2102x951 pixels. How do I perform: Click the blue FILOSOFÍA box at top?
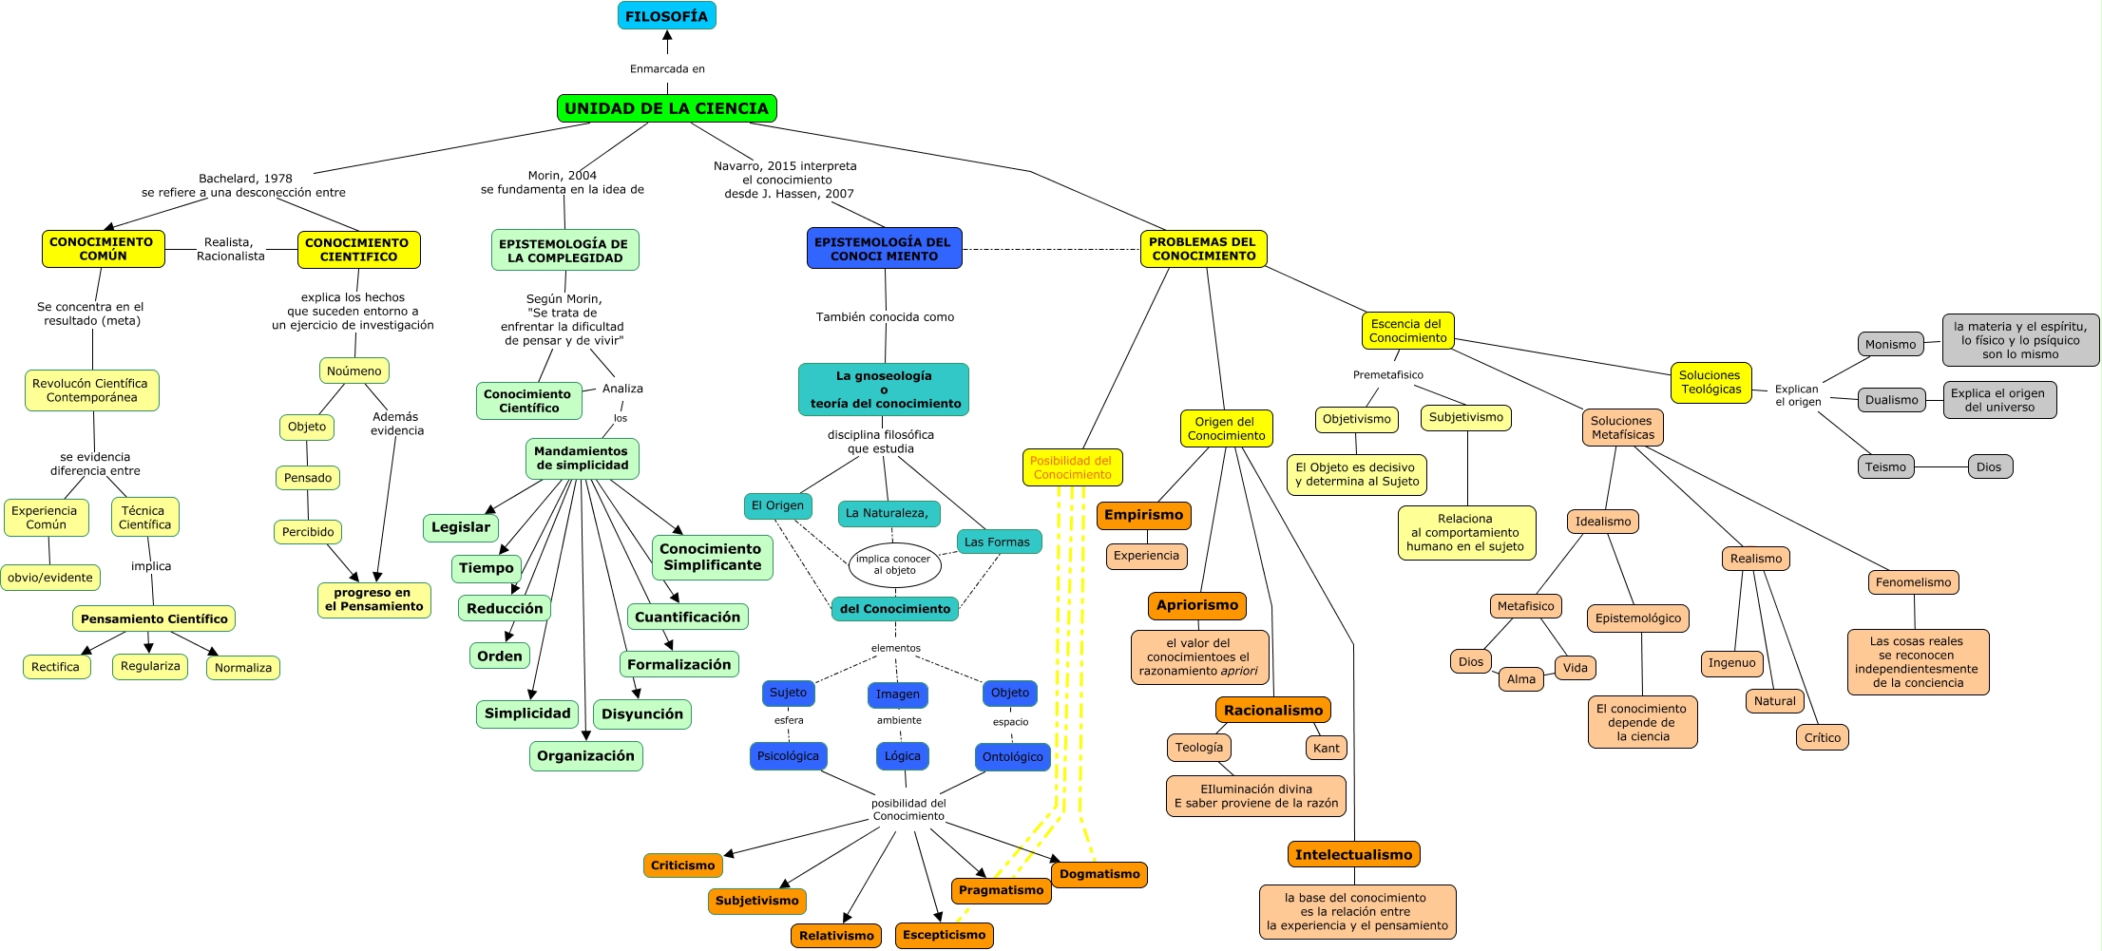[x=666, y=16]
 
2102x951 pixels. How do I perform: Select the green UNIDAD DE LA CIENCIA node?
[x=666, y=108]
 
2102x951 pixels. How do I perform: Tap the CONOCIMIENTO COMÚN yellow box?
[x=103, y=249]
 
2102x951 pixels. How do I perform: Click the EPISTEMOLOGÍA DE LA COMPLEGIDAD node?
[x=564, y=250]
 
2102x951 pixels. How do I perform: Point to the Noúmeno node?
[x=354, y=371]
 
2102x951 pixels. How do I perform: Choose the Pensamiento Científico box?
[x=154, y=618]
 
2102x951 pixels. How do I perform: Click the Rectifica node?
[x=56, y=667]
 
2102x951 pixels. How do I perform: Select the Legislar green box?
[x=461, y=527]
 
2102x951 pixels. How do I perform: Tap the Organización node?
[x=585, y=756]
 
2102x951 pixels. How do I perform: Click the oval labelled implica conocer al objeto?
[x=893, y=565]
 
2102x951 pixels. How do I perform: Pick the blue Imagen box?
[x=897, y=694]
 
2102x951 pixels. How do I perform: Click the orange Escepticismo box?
[x=944, y=935]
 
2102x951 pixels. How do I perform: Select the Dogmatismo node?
[x=1099, y=874]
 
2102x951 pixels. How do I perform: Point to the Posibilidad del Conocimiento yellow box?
[x=1072, y=467]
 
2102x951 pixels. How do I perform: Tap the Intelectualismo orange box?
[x=1353, y=855]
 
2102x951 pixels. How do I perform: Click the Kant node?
[x=1326, y=748]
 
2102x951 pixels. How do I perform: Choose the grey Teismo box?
[x=1885, y=466]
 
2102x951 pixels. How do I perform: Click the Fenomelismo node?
[x=1913, y=582]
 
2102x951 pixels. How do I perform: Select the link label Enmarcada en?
[x=667, y=68]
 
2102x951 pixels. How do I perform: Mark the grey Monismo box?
[x=1890, y=344]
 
